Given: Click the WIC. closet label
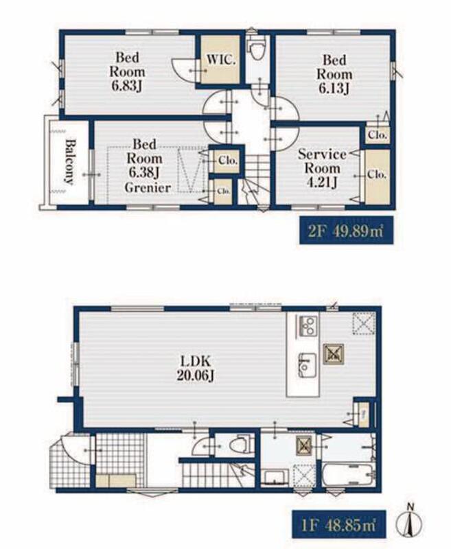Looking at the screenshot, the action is coord(221,60).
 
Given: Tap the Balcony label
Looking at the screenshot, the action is coord(71,162).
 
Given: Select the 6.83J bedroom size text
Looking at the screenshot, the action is coord(126,86).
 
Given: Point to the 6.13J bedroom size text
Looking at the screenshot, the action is coord(334,89).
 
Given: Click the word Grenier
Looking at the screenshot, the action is coord(148,188).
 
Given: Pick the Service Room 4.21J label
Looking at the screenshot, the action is coord(322,168).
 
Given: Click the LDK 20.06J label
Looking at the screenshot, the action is coord(196,369).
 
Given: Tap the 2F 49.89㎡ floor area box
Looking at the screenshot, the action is coord(346,231).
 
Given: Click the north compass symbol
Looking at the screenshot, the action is coord(409,522).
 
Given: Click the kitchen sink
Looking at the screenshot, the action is coord(307,365).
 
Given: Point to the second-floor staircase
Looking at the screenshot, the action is coord(254,179).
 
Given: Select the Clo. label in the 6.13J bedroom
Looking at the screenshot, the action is coord(378,135).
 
